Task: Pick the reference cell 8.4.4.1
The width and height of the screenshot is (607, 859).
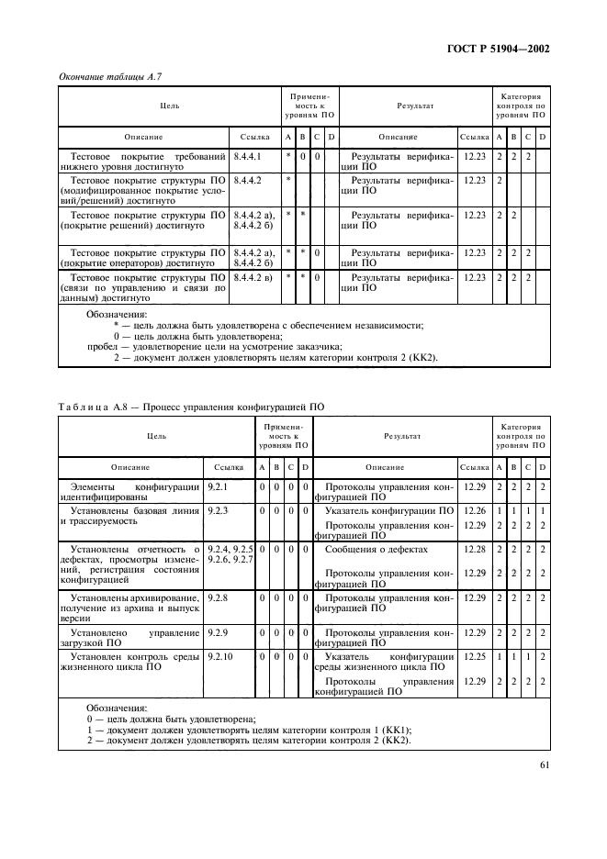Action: (248, 157)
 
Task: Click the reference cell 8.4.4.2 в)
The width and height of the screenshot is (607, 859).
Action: (253, 276)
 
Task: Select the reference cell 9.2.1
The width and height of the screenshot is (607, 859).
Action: (218, 485)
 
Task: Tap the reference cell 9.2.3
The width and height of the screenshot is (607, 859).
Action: (218, 509)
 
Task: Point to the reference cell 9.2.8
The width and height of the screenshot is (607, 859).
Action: (218, 597)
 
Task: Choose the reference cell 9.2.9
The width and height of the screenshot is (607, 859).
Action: (218, 632)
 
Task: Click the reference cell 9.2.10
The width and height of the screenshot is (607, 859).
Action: (220, 657)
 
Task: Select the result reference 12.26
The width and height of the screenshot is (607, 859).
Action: (474, 509)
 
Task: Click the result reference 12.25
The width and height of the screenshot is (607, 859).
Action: (474, 657)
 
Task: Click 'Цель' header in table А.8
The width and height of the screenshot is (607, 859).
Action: (149, 437)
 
